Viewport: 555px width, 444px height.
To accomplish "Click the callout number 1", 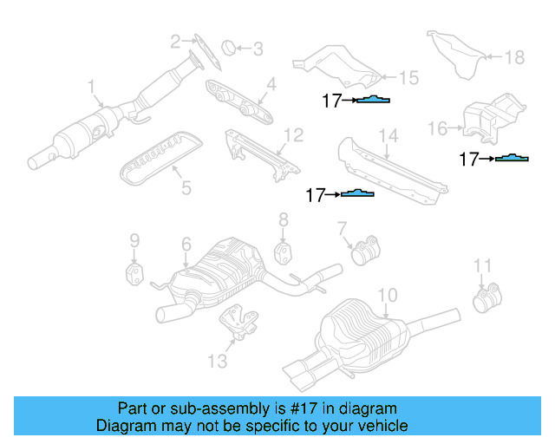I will point(90,87).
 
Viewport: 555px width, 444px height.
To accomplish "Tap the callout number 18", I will point(514,58).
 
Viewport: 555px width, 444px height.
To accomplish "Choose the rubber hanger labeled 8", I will point(284,252).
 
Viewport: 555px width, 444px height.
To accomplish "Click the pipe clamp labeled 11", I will point(485,300).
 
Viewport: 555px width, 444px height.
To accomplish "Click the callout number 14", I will point(388,136).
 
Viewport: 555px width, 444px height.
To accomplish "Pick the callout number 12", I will point(293,135).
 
